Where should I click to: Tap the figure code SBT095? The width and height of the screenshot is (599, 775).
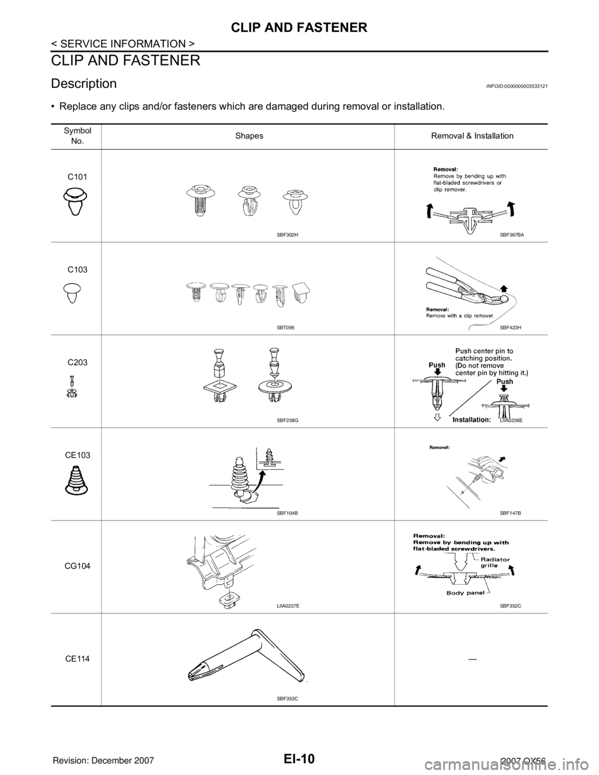(x=288, y=328)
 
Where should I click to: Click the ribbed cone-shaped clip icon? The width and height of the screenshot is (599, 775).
(x=75, y=479)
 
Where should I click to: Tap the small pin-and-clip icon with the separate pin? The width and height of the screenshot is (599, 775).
(x=72, y=386)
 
